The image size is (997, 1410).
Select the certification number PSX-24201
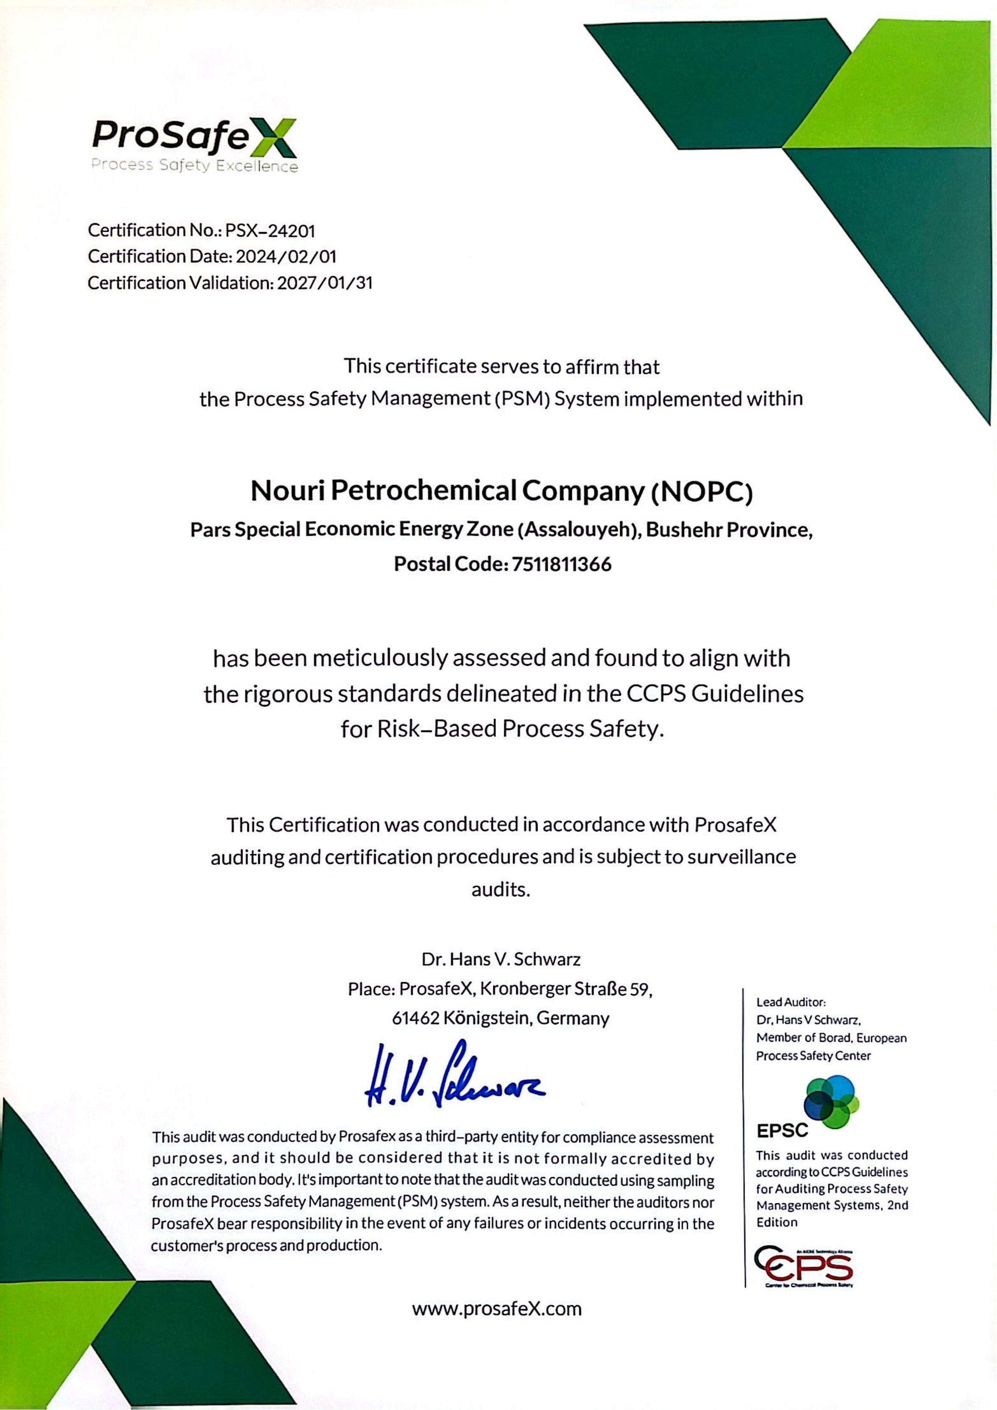(270, 231)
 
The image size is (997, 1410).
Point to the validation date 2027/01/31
(325, 283)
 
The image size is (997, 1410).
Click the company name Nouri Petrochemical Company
(449, 491)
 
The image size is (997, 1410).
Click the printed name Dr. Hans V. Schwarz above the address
(501, 959)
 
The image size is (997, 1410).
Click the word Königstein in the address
(487, 1018)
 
